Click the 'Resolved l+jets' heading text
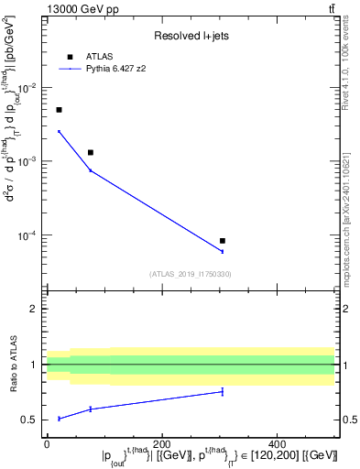tap(190, 36)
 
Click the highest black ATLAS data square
tap(59, 110)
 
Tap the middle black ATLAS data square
tap(91, 152)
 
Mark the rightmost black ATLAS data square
tap(223, 241)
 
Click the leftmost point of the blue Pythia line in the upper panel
tap(59, 131)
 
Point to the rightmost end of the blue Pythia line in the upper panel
tap(223, 251)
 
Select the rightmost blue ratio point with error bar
tap(223, 392)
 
